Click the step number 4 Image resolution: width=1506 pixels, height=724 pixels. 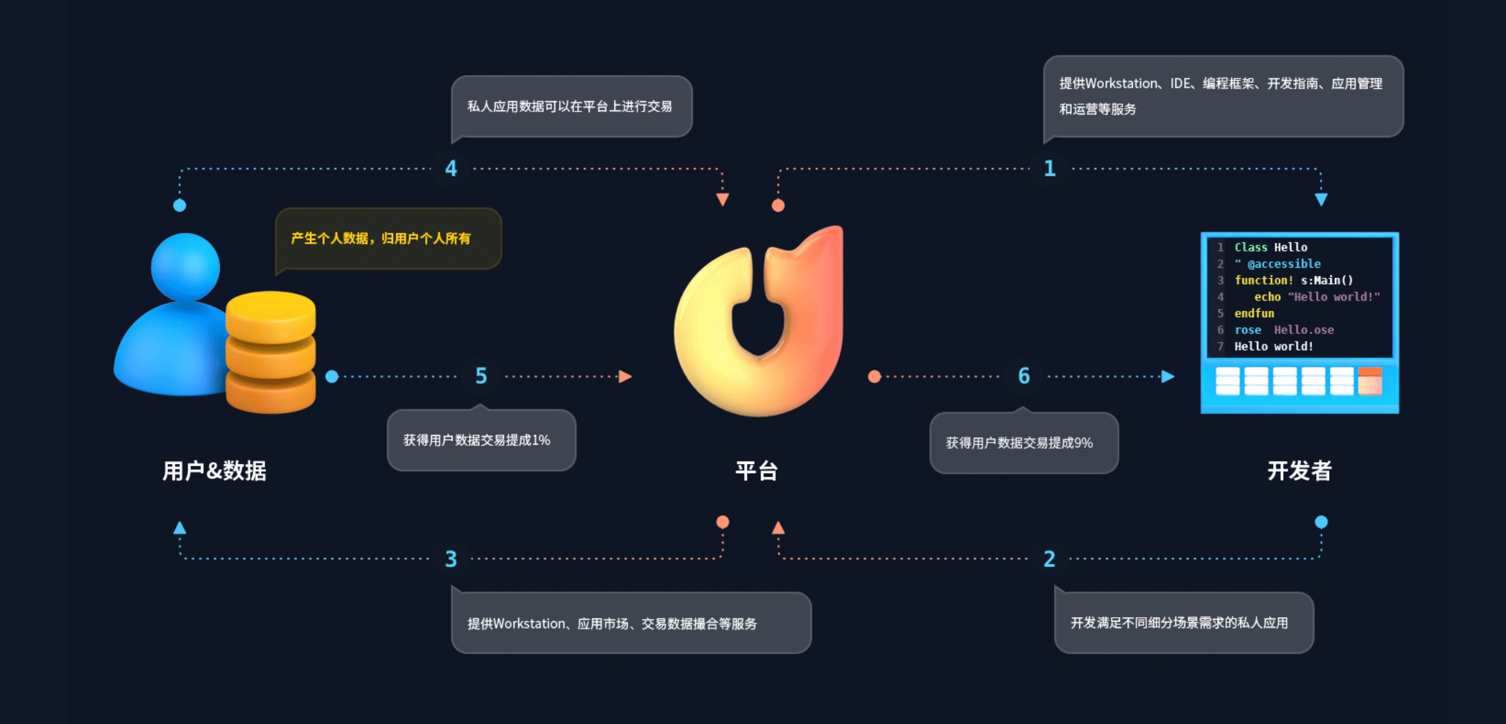[x=451, y=169]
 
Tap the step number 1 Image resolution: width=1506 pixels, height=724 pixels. [x=1050, y=169]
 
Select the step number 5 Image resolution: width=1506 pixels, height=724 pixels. [x=481, y=376]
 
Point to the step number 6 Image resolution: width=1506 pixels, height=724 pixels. [x=1024, y=376]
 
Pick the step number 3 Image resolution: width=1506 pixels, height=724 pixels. [x=451, y=559]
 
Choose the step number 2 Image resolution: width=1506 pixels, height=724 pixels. [x=1049, y=559]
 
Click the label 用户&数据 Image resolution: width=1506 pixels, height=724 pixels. [x=214, y=471]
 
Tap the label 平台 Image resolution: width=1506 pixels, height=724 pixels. [x=757, y=471]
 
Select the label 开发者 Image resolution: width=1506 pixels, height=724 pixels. [x=1299, y=471]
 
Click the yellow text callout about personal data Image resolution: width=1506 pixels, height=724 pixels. [x=381, y=239]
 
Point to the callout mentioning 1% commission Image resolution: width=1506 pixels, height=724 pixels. [x=477, y=440]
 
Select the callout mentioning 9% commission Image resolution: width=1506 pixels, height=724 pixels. [x=1020, y=443]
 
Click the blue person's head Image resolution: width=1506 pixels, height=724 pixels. [x=185, y=266]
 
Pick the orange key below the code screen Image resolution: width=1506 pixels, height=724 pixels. [x=1370, y=380]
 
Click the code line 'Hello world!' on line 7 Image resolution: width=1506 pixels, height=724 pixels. [x=1274, y=346]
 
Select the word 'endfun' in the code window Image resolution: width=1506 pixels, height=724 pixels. [x=1254, y=313]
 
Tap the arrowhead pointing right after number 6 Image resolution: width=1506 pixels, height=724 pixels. [x=1168, y=376]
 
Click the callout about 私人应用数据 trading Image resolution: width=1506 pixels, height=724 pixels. [x=569, y=107]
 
